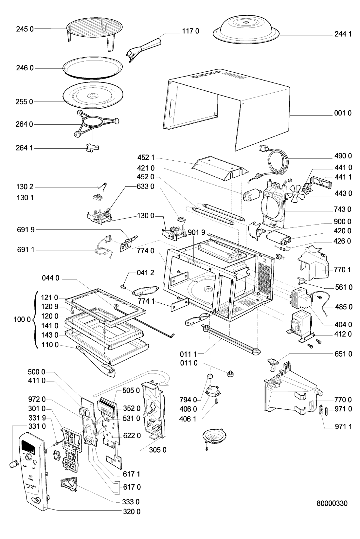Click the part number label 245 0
[25, 29]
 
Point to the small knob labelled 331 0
[13, 463]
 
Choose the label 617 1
[132, 474]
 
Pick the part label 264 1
[25, 148]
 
